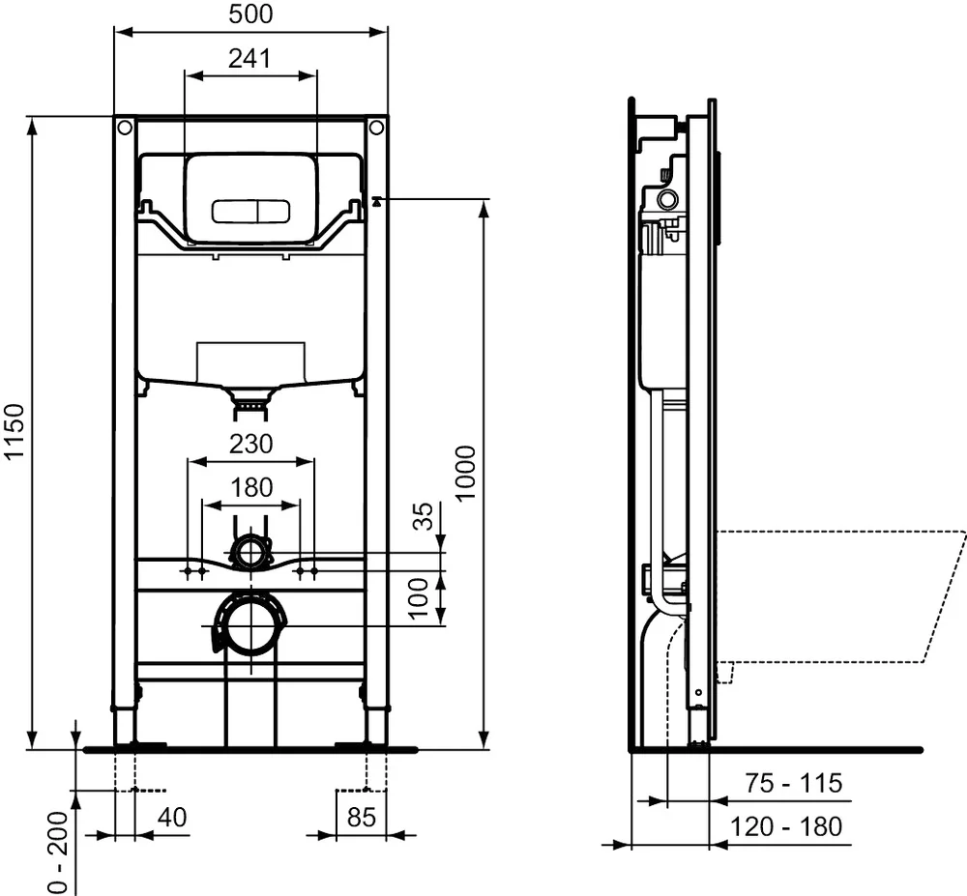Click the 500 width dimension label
coord(250,14)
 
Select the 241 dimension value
coord(249,58)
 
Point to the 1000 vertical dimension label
coord(465,473)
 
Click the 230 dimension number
coord(250,444)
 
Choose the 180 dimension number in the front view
coord(250,487)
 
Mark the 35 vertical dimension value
coord(423,517)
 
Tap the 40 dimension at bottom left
coord(171,817)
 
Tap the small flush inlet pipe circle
coord(251,553)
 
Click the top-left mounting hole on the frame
coord(125,128)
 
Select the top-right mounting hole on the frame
coord(376,128)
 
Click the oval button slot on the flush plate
coord(250,209)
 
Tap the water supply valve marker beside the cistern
coord(376,201)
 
